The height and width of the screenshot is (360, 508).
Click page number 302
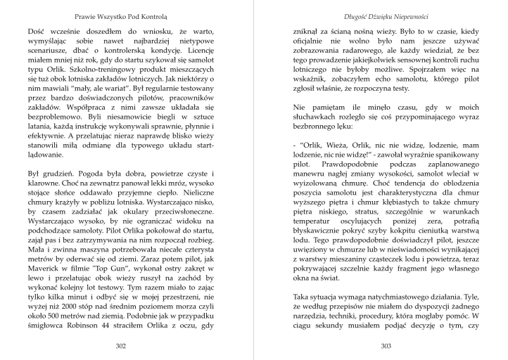pyautogui.click(x=120, y=346)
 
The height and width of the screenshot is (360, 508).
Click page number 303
pyautogui.click(x=386, y=346)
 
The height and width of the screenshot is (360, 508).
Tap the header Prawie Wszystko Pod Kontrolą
pyautogui.click(x=120, y=15)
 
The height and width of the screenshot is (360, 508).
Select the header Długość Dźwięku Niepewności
pyautogui.click(x=386, y=15)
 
